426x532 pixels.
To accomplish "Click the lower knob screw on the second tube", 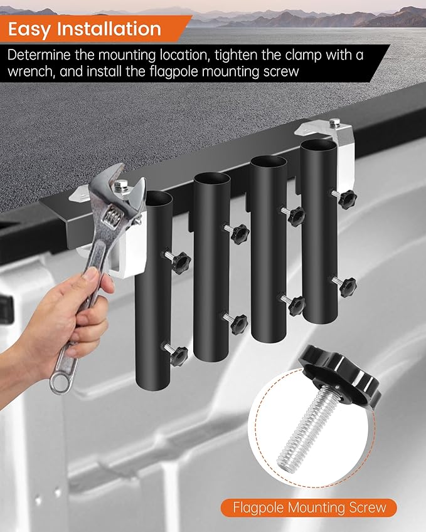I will coord(237,321).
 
